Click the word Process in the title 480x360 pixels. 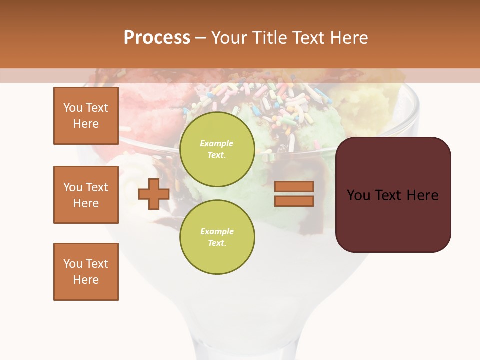pyautogui.click(x=157, y=38)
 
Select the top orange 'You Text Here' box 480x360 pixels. pyautogui.click(x=86, y=116)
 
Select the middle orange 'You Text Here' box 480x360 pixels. pyautogui.click(x=86, y=195)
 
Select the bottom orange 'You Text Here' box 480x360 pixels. pyautogui.click(x=86, y=272)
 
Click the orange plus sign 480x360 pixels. pyautogui.click(x=153, y=194)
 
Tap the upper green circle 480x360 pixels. pyautogui.click(x=217, y=149)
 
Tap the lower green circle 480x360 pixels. pyautogui.click(x=217, y=237)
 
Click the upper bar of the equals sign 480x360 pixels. pyautogui.click(x=294, y=186)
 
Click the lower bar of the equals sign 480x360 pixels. pyautogui.click(x=294, y=201)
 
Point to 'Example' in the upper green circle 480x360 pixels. pyautogui.click(x=216, y=143)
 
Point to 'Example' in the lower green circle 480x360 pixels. pyautogui.click(x=216, y=231)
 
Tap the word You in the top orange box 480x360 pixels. pyautogui.click(x=73, y=108)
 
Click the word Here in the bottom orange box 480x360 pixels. pyautogui.click(x=86, y=280)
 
